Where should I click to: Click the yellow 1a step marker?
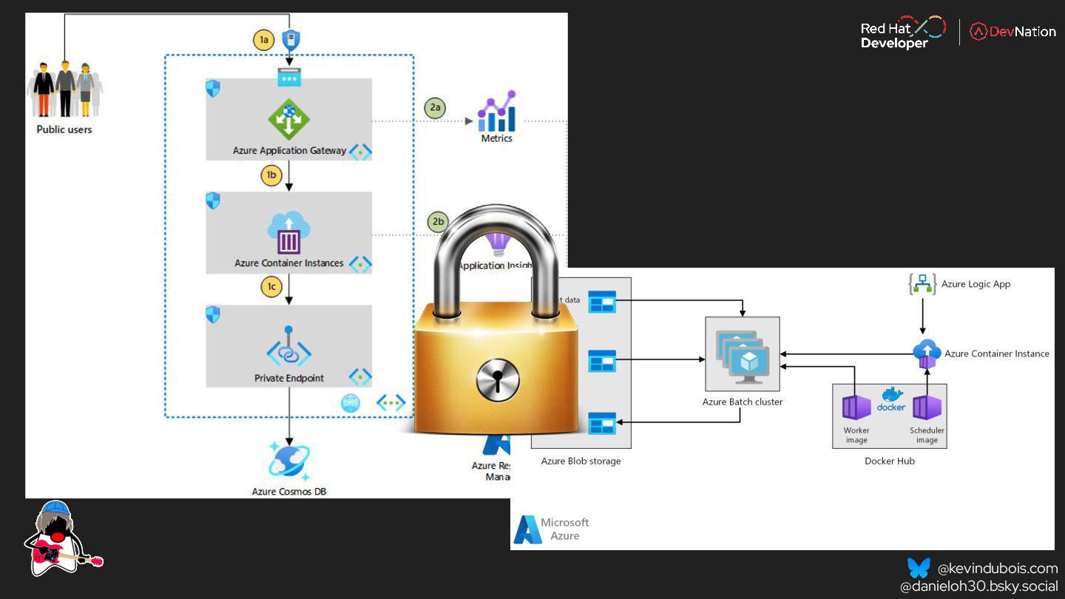(264, 41)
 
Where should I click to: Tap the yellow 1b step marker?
(271, 175)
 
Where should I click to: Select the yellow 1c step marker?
(271, 288)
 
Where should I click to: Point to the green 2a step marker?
(436, 108)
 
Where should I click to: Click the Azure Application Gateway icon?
(288, 119)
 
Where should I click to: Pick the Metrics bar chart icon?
(496, 112)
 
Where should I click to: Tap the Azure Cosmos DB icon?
(288, 460)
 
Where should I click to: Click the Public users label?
(64, 129)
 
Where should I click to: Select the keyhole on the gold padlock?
(497, 380)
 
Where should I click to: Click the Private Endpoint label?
(289, 378)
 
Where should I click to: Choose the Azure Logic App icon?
(922, 284)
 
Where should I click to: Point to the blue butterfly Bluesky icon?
(919, 568)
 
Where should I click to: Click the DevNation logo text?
(1024, 32)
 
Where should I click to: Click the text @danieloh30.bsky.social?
(978, 586)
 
